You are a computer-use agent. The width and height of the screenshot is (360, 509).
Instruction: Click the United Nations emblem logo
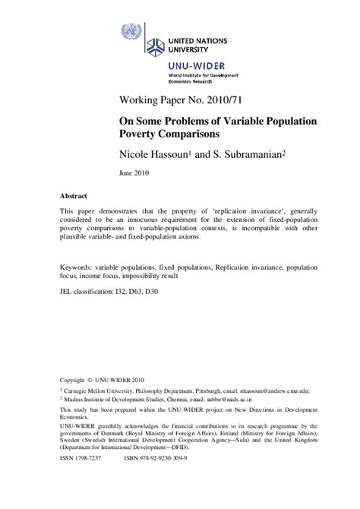131,32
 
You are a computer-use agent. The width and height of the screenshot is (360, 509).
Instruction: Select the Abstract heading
74,195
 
